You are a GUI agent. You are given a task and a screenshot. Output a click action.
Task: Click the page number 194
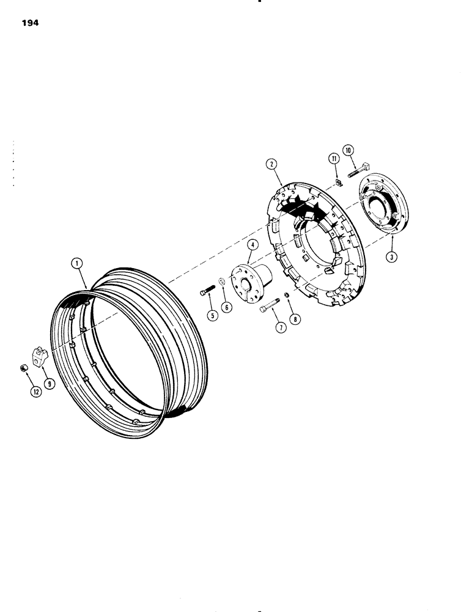pos(29,24)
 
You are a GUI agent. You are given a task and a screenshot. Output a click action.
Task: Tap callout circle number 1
pos(76,264)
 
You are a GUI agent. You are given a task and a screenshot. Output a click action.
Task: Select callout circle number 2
pos(271,163)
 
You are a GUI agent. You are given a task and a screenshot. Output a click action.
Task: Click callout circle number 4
pos(251,246)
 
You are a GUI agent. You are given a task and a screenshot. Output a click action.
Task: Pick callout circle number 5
pos(212,316)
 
